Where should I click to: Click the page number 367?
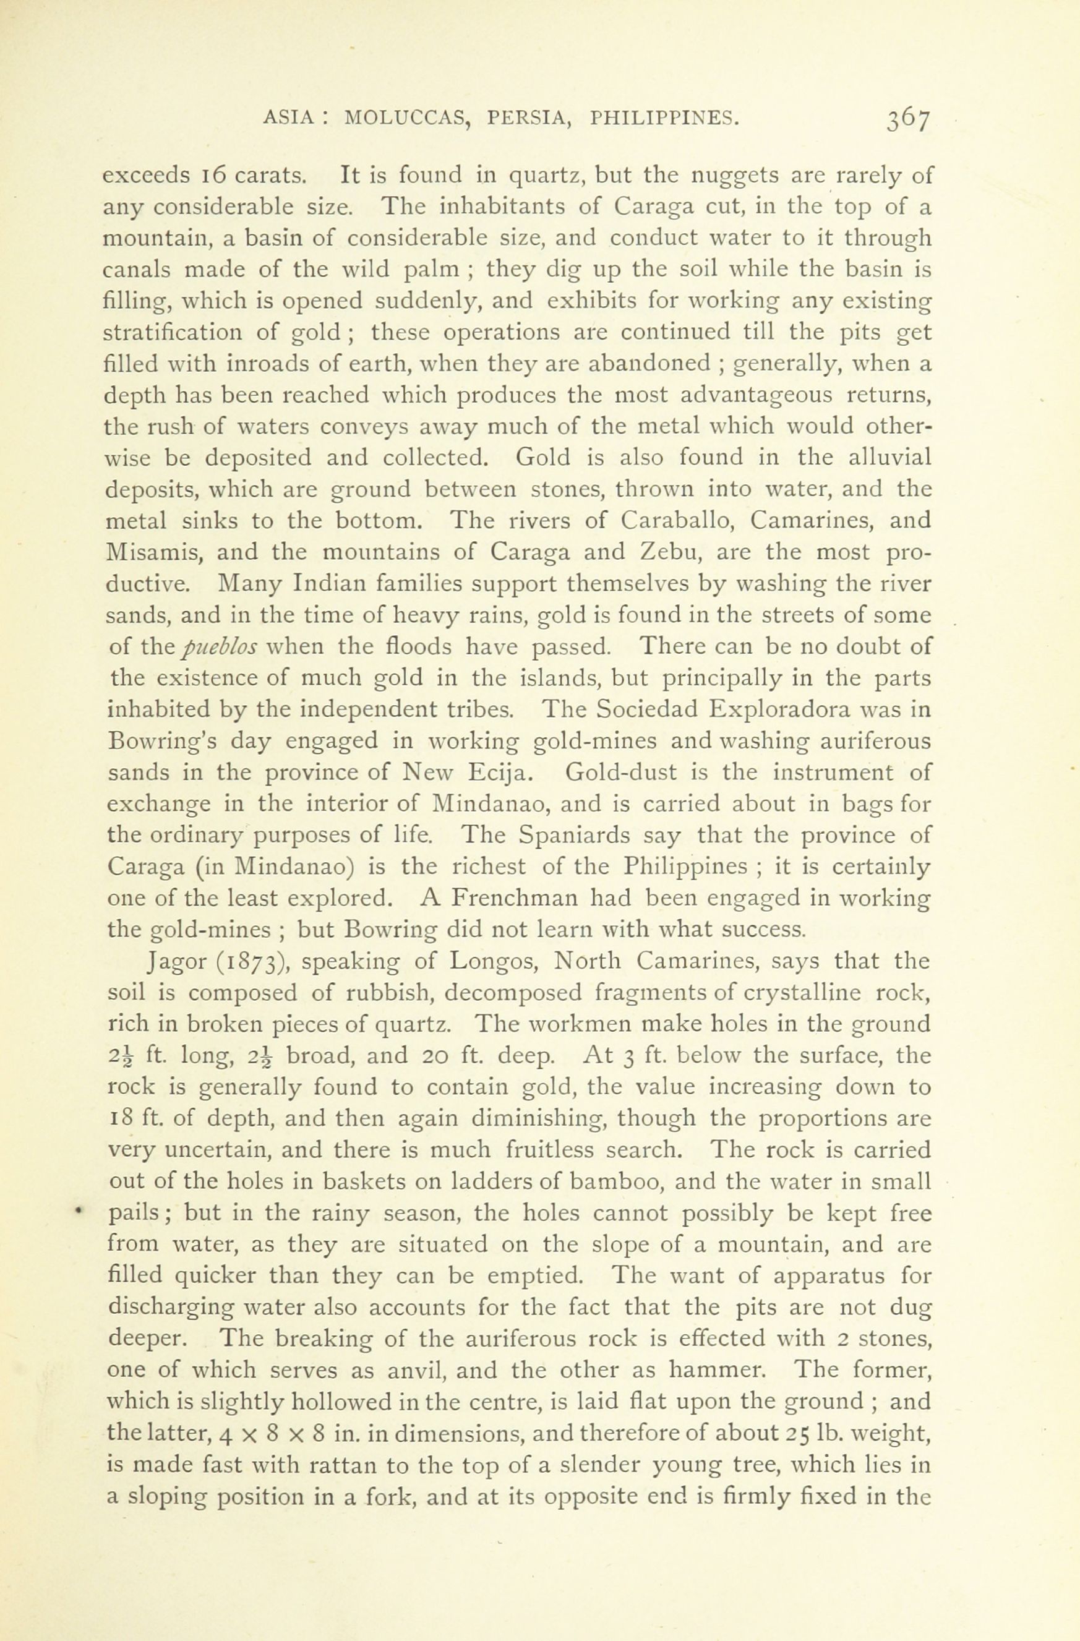pos(909,119)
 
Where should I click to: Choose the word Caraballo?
pos(677,521)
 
